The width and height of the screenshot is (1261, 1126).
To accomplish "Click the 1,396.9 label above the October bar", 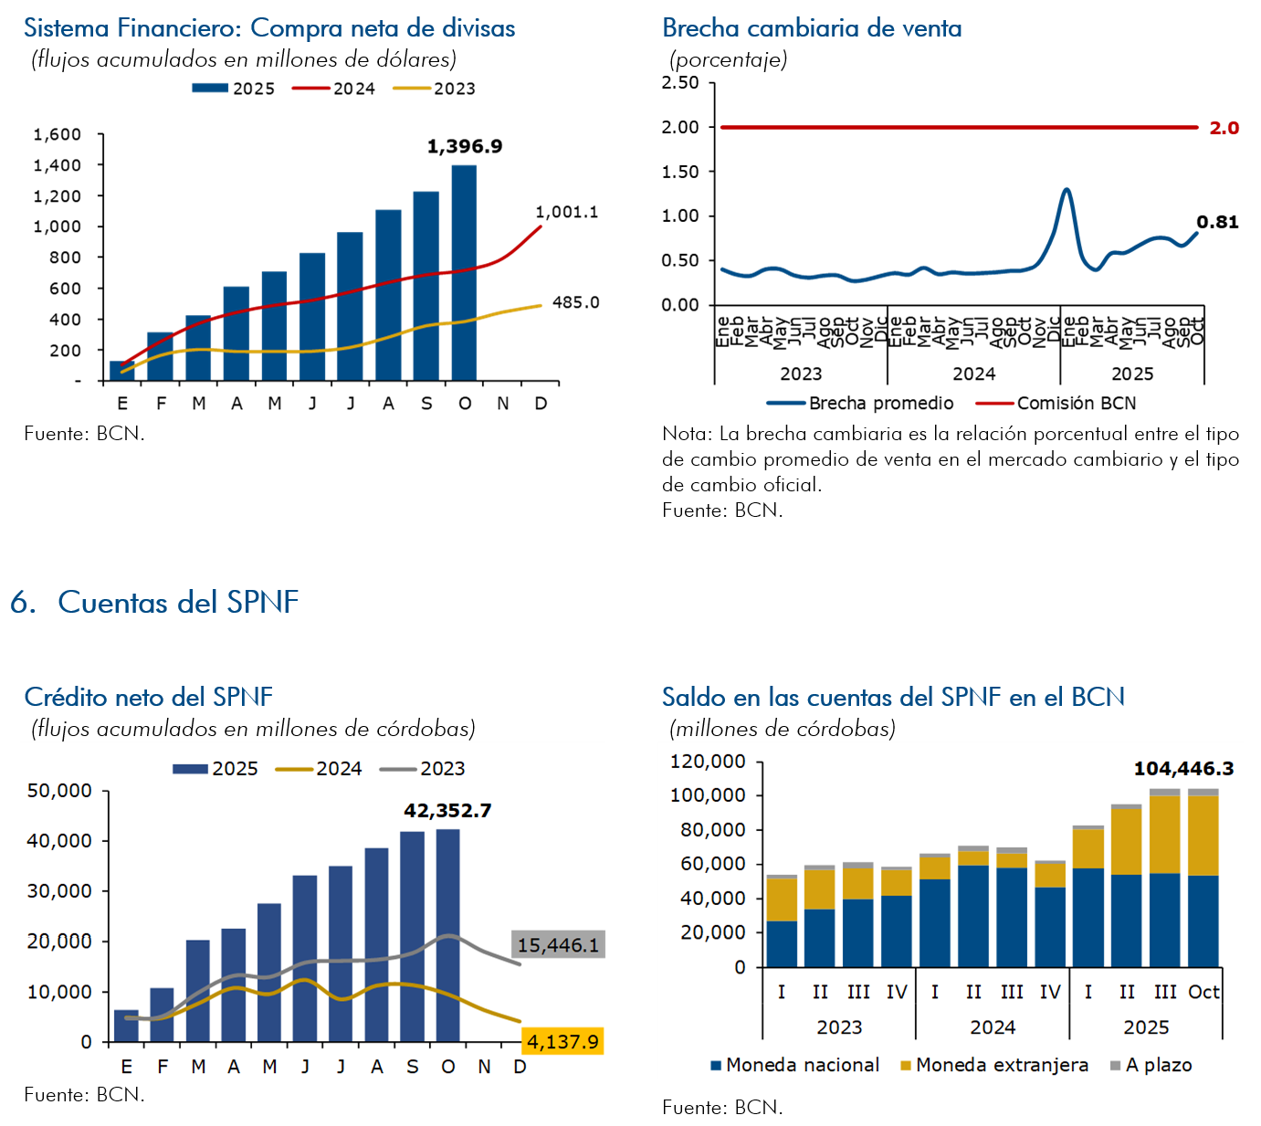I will pos(465,146).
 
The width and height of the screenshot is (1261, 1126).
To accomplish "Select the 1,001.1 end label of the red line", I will pos(566,212).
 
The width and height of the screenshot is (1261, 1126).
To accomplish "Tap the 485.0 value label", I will pos(575,302).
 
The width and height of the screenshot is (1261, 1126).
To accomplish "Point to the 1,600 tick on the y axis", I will pos(58,134).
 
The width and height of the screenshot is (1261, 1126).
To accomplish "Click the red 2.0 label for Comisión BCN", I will pos(1224,128).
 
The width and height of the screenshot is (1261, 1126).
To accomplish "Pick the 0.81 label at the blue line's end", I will pos(1217,222).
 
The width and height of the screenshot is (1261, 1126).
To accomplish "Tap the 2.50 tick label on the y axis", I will pos(680,83).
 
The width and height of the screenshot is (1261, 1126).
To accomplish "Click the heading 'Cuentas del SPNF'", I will pos(178,602).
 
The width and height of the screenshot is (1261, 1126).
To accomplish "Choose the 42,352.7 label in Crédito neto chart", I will pos(447,810).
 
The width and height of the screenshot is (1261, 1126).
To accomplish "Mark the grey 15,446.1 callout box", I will pos(558,944).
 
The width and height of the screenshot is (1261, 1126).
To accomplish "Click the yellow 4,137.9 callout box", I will pos(562,1041).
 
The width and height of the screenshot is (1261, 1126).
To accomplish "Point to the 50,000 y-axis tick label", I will pos(59,791).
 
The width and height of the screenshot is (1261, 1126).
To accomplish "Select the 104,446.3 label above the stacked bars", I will pos(1183,768).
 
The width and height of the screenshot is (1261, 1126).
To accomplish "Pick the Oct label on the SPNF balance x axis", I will pos(1203,992).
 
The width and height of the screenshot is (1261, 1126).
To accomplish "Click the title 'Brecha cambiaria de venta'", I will pos(812,28).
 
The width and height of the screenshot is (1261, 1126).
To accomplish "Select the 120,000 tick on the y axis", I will pos(708,762).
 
